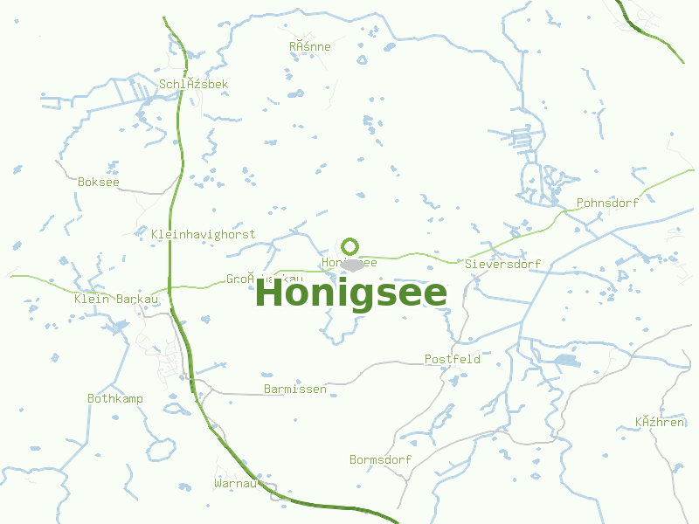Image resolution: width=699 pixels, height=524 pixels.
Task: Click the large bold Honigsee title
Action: (x=350, y=293)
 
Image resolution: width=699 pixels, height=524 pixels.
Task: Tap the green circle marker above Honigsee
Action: (x=350, y=246)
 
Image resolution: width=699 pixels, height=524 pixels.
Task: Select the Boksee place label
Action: (x=98, y=183)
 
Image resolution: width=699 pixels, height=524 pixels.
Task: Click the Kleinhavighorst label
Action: (x=203, y=234)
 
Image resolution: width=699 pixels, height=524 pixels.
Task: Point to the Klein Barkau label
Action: (x=116, y=300)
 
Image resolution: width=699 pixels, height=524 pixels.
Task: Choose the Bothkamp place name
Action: (x=114, y=398)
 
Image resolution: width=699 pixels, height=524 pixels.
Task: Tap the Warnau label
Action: (x=235, y=483)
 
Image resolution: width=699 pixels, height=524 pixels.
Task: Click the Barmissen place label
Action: (x=294, y=389)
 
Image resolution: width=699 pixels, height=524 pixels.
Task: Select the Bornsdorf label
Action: (x=380, y=459)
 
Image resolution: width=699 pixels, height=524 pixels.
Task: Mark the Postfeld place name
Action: (x=452, y=359)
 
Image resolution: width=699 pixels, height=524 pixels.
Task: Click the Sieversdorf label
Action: (x=502, y=264)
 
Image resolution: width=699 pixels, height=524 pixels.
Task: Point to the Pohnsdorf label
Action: (x=607, y=203)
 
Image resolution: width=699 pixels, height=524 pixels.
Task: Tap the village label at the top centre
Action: (x=309, y=46)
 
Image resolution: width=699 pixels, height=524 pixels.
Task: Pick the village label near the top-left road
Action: (x=193, y=84)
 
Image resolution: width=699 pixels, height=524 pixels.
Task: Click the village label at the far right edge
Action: (x=660, y=423)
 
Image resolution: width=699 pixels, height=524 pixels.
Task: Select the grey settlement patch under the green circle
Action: (x=352, y=264)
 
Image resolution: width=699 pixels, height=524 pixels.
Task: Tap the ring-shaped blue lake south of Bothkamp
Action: (x=161, y=449)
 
